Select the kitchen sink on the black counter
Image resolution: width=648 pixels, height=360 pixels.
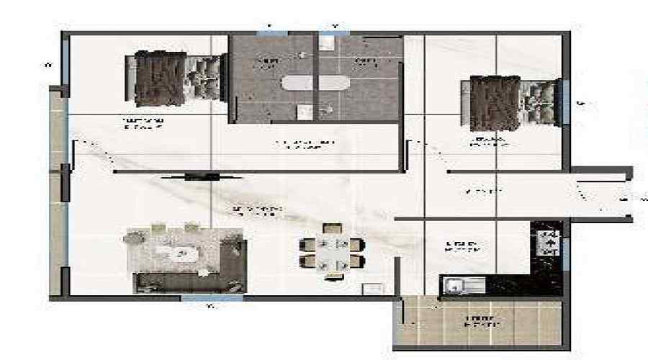(454, 286)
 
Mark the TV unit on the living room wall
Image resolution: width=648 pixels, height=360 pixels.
(192, 176)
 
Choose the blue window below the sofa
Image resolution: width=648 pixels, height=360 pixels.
(212, 298)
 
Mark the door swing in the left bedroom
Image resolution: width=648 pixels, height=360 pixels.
(94, 155)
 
